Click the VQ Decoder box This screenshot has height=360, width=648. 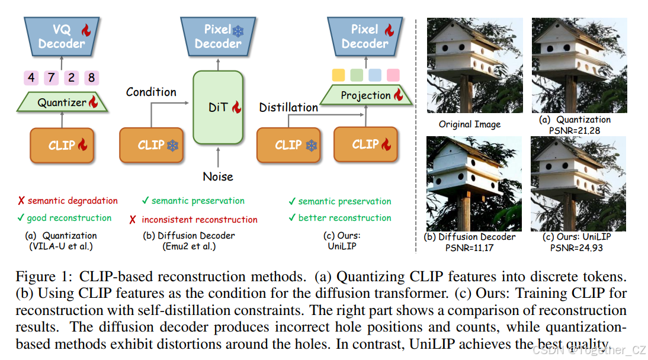click(62, 36)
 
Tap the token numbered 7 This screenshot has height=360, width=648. click(52, 78)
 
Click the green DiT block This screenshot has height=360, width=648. click(219, 108)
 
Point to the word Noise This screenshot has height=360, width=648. click(218, 176)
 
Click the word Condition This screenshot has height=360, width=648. click(151, 92)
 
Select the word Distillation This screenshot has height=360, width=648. click(288, 107)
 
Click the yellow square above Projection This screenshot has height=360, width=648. click(338, 75)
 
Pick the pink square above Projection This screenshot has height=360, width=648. click(393, 75)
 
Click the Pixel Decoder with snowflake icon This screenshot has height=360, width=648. click(218, 36)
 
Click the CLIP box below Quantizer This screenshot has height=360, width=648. click(62, 145)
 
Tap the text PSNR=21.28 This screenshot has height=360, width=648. click(570, 130)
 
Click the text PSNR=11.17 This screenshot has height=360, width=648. click(469, 247)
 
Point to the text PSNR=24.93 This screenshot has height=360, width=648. click(576, 247)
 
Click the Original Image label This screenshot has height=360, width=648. click(469, 124)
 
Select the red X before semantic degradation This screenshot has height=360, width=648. click(21, 201)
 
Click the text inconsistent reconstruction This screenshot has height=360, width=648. click(200, 220)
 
